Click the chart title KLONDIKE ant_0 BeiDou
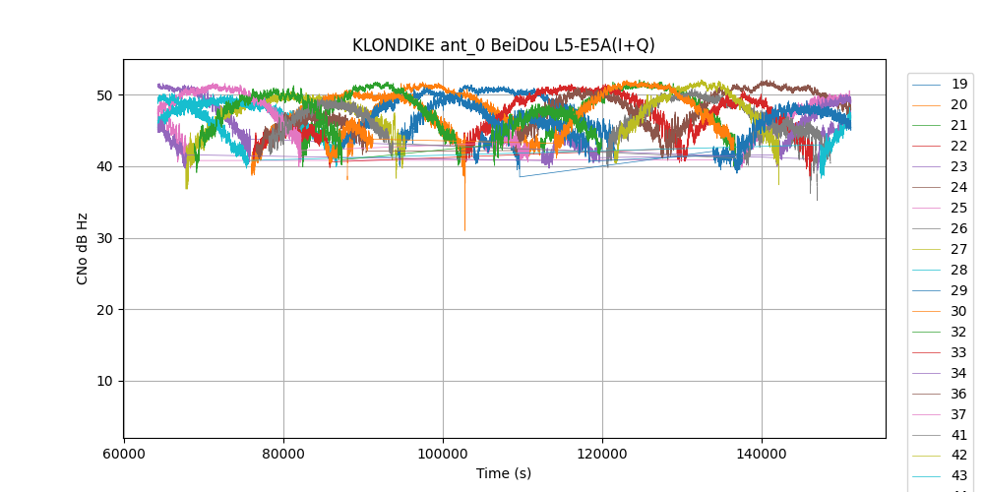click(x=503, y=45)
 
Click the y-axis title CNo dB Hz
click(x=83, y=249)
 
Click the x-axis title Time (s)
click(x=503, y=473)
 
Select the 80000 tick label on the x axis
click(x=283, y=455)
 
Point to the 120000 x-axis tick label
click(x=602, y=455)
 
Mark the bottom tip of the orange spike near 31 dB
click(x=464, y=230)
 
